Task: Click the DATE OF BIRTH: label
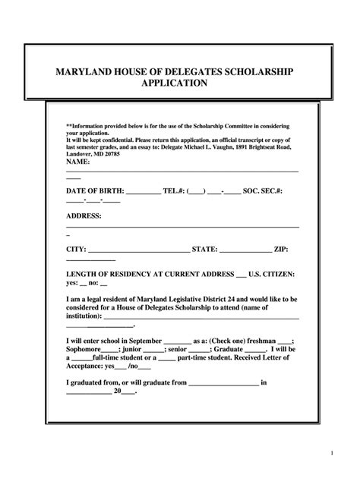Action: coord(94,192)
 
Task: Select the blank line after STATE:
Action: coord(245,250)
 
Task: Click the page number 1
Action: coord(333,453)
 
